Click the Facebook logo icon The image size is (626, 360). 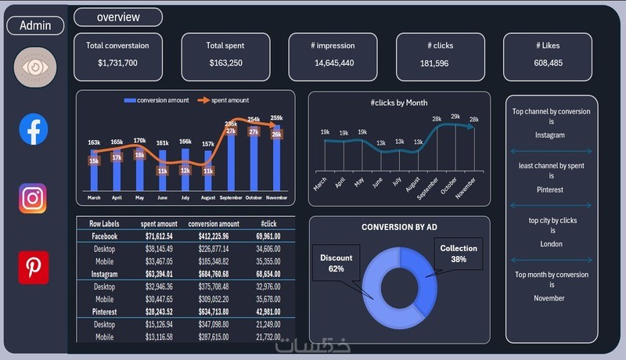(x=34, y=129)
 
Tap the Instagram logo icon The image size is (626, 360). (x=33, y=199)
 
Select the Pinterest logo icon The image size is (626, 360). (x=34, y=268)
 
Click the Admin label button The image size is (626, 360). (x=35, y=25)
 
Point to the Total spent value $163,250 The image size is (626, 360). (x=225, y=63)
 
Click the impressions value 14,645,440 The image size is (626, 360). (x=334, y=63)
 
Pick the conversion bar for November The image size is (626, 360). (x=276, y=157)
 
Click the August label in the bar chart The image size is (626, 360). (x=207, y=198)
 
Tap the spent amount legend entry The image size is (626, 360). (x=224, y=100)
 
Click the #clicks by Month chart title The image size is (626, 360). (x=399, y=103)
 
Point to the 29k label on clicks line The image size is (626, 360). (x=455, y=117)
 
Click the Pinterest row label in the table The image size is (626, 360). (x=104, y=312)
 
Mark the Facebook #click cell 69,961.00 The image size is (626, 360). (x=268, y=236)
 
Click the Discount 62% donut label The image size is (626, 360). (x=336, y=263)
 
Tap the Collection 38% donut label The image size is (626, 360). (x=459, y=254)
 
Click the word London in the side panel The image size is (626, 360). (x=552, y=243)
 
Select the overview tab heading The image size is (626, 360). (x=118, y=17)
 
